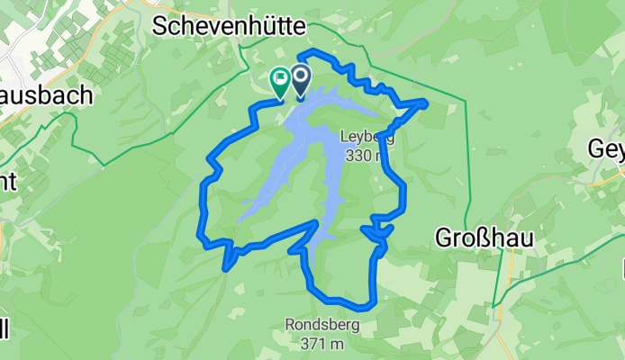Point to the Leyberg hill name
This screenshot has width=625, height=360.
367,138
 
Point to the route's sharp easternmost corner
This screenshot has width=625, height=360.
424,103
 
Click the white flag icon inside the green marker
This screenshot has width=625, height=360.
280,78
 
